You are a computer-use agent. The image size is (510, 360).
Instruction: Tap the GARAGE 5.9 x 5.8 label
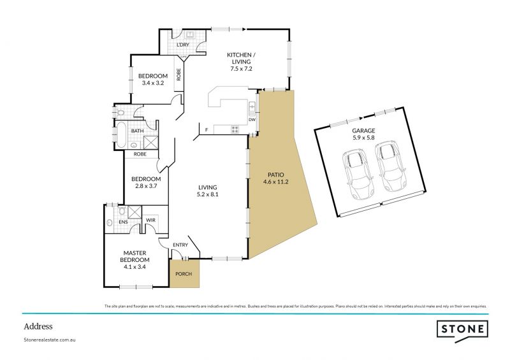coord(365,134)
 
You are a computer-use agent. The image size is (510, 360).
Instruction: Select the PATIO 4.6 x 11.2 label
coord(275,178)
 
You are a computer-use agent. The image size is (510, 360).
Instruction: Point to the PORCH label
coord(184,274)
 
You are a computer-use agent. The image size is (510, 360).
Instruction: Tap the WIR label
coord(151,220)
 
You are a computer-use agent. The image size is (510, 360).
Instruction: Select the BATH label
coord(137,131)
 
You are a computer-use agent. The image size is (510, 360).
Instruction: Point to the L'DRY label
coord(182,45)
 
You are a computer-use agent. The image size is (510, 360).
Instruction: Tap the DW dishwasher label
coord(252,119)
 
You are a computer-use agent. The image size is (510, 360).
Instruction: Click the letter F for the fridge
coord(207,131)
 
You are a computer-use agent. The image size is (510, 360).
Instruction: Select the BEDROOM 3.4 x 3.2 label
coord(153,80)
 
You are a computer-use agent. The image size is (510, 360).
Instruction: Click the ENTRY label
coord(180,245)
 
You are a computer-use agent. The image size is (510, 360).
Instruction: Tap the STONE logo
coord(462,329)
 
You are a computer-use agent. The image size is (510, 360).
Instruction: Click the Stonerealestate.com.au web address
coord(50,340)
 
